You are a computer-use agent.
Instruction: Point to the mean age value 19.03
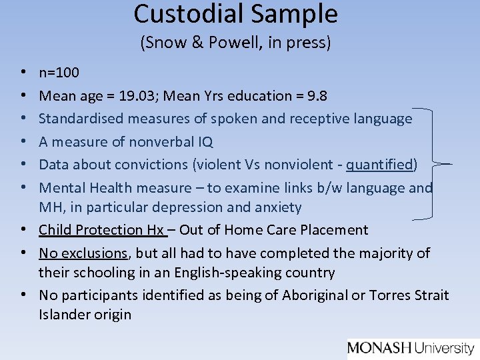[x=137, y=95]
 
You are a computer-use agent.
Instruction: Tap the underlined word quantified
[x=379, y=164]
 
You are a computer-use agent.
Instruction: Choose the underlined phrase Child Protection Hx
[x=101, y=230]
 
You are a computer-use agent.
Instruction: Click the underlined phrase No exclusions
[x=83, y=253]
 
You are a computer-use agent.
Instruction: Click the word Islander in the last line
[x=63, y=315]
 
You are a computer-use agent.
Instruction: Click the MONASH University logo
[x=410, y=347]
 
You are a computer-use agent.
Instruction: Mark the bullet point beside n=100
[x=23, y=73]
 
